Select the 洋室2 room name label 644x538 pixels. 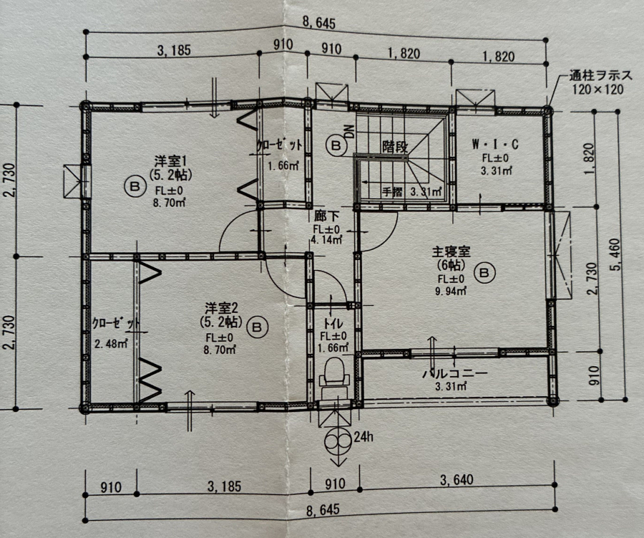pyautogui.click(x=221, y=307)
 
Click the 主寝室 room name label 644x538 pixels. pyautogui.click(x=451, y=251)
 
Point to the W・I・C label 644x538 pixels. pyautogui.click(x=495, y=145)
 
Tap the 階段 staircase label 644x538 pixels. pyautogui.click(x=395, y=146)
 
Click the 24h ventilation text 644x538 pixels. pyautogui.click(x=364, y=436)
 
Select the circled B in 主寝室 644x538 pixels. pyautogui.click(x=484, y=273)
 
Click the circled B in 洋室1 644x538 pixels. pyautogui.click(x=135, y=187)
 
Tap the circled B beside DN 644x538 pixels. pyautogui.click(x=336, y=145)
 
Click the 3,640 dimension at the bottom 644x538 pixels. pyautogui.click(x=457, y=480)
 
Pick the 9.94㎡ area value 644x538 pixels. pyautogui.click(x=451, y=292)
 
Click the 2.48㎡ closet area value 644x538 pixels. pyautogui.click(x=111, y=343)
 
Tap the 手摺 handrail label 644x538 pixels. pyautogui.click(x=392, y=192)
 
